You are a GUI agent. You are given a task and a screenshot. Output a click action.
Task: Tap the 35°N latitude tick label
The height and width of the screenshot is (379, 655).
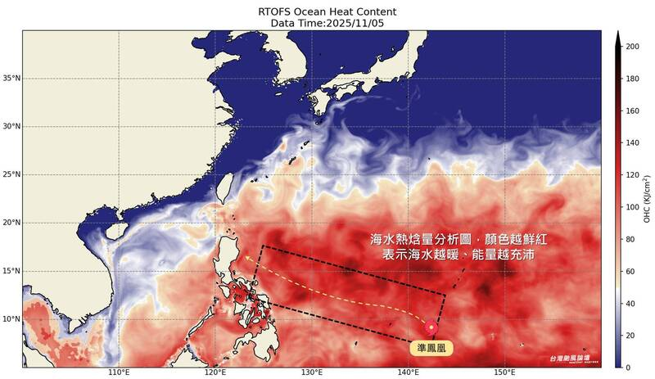[x=11, y=79]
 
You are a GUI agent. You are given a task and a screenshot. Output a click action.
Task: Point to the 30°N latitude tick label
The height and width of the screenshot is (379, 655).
[x=11, y=127]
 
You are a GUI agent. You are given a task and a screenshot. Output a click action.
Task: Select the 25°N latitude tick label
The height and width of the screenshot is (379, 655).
[x=11, y=174]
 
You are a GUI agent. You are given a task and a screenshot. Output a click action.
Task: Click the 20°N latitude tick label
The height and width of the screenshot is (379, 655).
[x=11, y=223]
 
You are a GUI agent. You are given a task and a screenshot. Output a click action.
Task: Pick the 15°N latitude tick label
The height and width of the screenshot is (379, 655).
[x=11, y=271]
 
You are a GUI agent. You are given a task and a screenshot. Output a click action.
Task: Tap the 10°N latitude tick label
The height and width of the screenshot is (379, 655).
[x=11, y=319]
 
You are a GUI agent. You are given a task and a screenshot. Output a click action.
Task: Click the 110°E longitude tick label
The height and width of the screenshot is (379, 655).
[x=120, y=372]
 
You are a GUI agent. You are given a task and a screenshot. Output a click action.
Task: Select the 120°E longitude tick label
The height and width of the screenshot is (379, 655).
[x=215, y=372]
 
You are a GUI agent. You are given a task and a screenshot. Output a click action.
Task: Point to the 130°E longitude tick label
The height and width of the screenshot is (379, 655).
[x=312, y=372]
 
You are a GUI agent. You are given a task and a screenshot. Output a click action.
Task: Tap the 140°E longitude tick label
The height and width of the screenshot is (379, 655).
[x=409, y=372]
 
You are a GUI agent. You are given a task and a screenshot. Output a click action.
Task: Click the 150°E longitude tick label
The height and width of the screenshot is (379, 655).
[x=504, y=372]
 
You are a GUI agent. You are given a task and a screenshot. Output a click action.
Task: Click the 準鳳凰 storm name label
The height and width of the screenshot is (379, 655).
[x=432, y=348]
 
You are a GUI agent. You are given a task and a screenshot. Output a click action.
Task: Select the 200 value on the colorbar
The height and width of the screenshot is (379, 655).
[x=631, y=47]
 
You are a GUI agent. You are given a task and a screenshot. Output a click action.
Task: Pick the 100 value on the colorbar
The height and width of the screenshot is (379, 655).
[x=631, y=207]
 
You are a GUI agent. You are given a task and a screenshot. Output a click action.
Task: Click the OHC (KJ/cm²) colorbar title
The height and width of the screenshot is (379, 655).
[x=646, y=199]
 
